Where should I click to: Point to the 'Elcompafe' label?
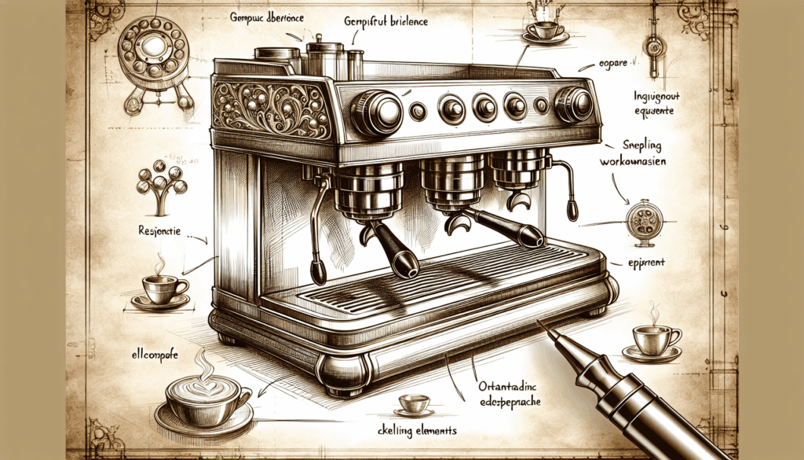pyautogui.click(x=152, y=355)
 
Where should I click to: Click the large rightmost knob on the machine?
pyautogui.click(x=573, y=104)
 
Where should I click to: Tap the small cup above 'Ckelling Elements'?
pyautogui.click(x=413, y=403)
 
